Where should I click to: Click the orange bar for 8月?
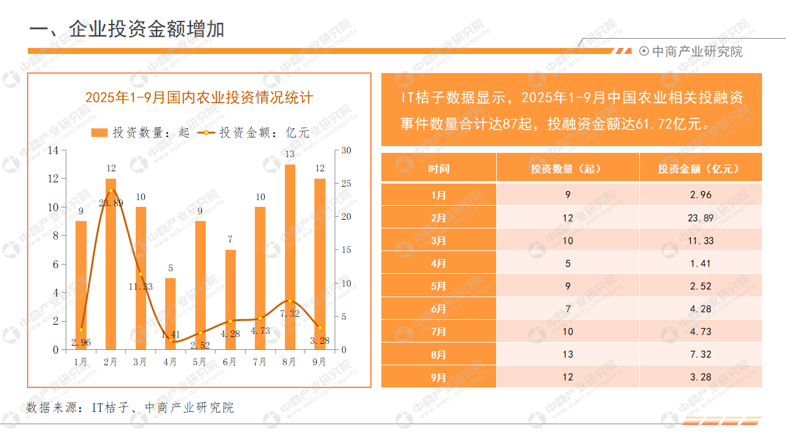coord(290,258)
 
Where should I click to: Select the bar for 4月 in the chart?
coord(170,314)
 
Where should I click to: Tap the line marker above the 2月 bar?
coord(111,190)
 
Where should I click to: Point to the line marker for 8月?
coord(290,301)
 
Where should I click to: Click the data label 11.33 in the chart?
coord(140,287)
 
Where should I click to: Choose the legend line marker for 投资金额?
coord(206,133)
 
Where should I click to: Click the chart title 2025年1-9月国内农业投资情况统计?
coord(199,97)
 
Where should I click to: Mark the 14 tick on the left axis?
coord(53,150)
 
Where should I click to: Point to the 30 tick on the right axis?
coord(346,150)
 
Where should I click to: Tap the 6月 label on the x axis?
coord(230,362)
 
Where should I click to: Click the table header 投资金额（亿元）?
coord(700,168)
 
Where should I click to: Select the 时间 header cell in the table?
coord(438,168)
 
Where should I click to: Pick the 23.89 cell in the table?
coord(700,218)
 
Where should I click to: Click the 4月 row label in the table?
coord(438,263)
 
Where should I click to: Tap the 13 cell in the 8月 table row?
coord(567,354)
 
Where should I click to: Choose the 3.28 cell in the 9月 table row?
coord(700,377)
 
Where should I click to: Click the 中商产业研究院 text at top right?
coord(697,52)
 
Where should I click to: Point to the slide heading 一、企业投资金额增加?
coord(126,29)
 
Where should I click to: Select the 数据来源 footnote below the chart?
coord(130,408)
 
